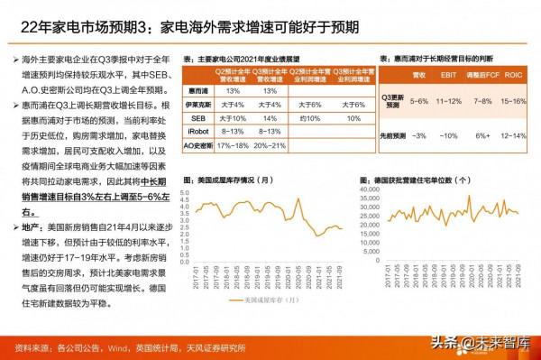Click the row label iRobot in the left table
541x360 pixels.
click(x=197, y=130)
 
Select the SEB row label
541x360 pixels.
click(x=197, y=117)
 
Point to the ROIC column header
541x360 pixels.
click(x=514, y=78)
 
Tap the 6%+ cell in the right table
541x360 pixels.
click(x=481, y=134)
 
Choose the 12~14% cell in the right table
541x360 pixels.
click(x=514, y=134)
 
